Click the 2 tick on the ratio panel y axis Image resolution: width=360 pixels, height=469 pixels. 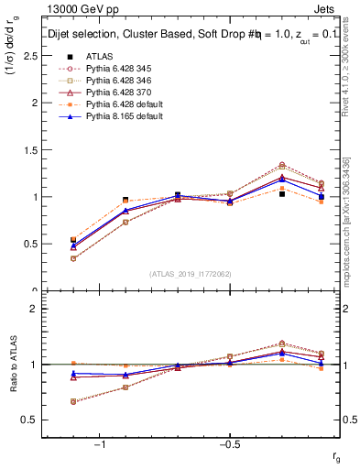[34, 309]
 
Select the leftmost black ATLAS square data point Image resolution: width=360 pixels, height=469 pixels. [73, 240]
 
